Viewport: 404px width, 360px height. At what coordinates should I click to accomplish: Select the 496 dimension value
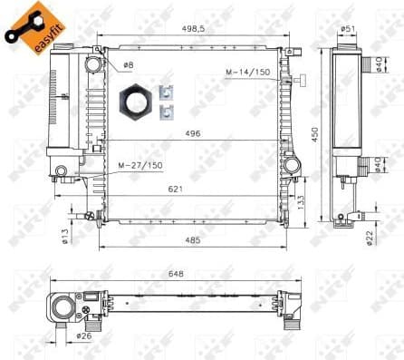193,133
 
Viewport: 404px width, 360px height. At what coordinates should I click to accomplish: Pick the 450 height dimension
316,133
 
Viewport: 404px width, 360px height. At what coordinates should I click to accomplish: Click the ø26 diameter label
83,336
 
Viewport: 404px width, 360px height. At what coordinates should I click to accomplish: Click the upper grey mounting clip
165,92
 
